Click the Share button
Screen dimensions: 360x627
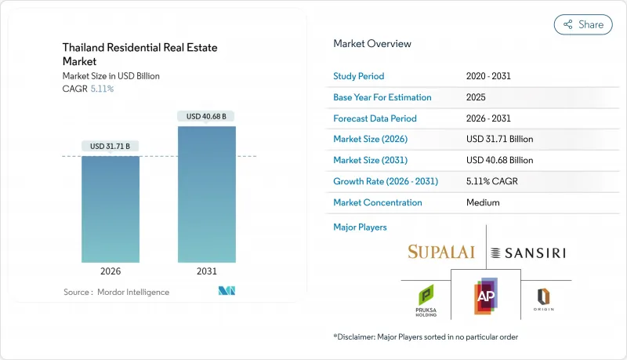(583, 24)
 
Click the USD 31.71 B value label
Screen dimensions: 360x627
(111, 146)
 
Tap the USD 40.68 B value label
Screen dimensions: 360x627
(206, 116)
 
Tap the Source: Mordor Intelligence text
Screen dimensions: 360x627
(116, 292)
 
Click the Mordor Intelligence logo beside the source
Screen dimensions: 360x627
(227, 292)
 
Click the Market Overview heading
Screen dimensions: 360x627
(371, 44)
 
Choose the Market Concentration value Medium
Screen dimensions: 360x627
(484, 202)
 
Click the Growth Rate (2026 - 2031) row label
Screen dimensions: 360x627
(386, 181)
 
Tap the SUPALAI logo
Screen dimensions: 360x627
(441, 252)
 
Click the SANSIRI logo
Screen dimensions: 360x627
(527, 253)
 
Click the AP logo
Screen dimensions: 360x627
(486, 297)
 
